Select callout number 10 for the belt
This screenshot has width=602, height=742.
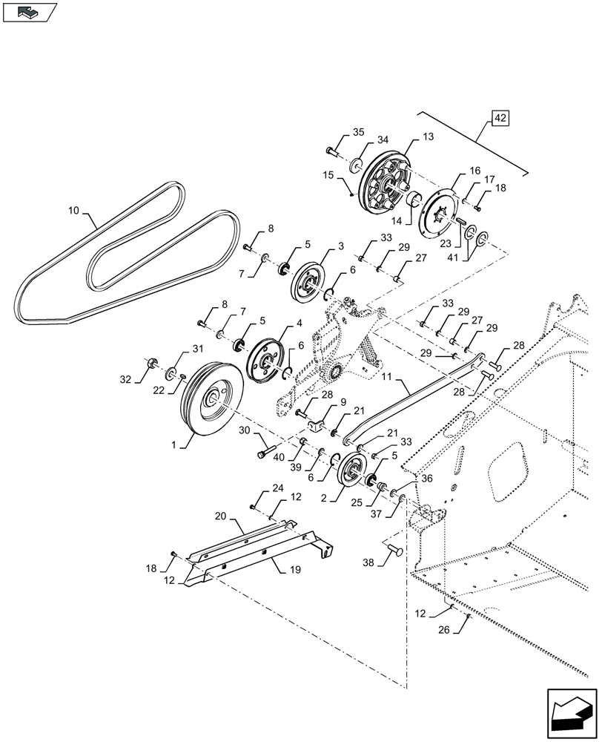pyautogui.click(x=73, y=211)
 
